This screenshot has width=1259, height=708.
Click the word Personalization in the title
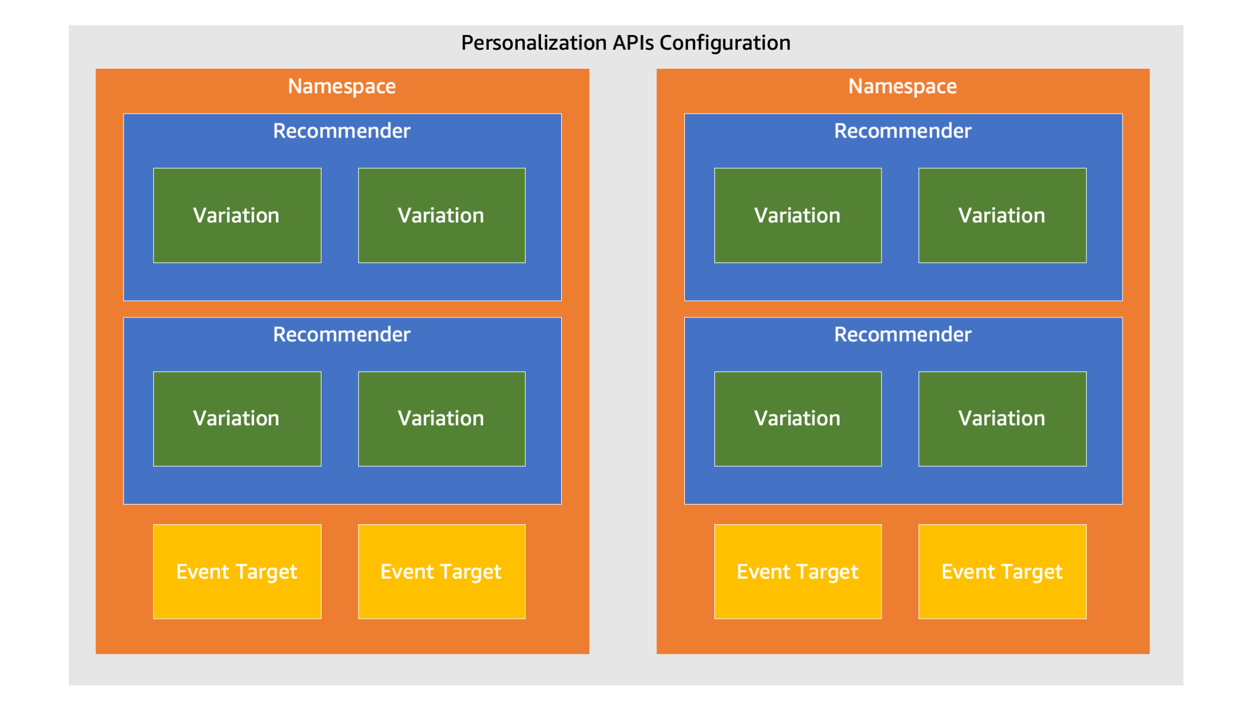534,43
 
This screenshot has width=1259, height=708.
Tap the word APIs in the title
633,43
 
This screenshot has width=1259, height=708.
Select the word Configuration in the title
725,43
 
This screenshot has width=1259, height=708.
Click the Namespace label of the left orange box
342,87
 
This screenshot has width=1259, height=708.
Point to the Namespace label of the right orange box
902,87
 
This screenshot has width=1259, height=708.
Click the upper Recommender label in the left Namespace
342,131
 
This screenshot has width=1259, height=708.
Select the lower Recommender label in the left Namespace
342,334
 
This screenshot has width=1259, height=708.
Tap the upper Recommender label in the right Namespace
902,131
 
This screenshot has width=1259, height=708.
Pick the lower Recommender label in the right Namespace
902,334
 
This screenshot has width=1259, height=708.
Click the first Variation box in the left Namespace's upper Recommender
237,215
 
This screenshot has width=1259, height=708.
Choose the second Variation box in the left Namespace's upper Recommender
442,215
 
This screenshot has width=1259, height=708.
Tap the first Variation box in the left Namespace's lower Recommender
237,419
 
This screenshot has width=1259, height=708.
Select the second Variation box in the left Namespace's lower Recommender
442,419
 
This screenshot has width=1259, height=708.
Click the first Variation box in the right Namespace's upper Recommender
798,215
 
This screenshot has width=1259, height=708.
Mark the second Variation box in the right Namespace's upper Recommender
1003,215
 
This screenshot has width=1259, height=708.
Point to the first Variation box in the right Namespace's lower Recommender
798,419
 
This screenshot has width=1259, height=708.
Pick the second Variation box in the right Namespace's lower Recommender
1003,419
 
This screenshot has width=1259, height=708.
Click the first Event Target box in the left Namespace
237,572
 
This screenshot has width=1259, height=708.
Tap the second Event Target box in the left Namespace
442,572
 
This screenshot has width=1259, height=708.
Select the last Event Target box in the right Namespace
1003,572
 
